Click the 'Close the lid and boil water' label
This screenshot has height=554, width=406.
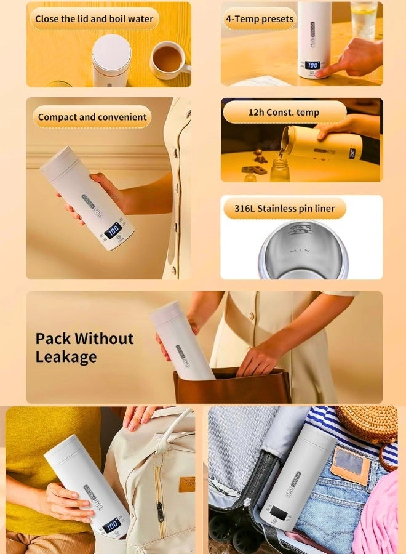click(x=94, y=18)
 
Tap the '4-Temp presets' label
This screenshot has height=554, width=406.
click(x=260, y=18)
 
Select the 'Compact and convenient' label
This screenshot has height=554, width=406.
click(x=92, y=117)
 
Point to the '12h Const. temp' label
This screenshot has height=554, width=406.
click(x=284, y=112)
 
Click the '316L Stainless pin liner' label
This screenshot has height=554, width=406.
click(x=284, y=208)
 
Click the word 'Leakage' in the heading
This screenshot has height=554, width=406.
click(x=66, y=357)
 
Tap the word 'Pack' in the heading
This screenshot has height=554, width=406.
click(x=53, y=339)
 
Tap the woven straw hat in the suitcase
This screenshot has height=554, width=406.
click(x=368, y=424)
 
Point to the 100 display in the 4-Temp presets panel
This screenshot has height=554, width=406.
click(x=312, y=65)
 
